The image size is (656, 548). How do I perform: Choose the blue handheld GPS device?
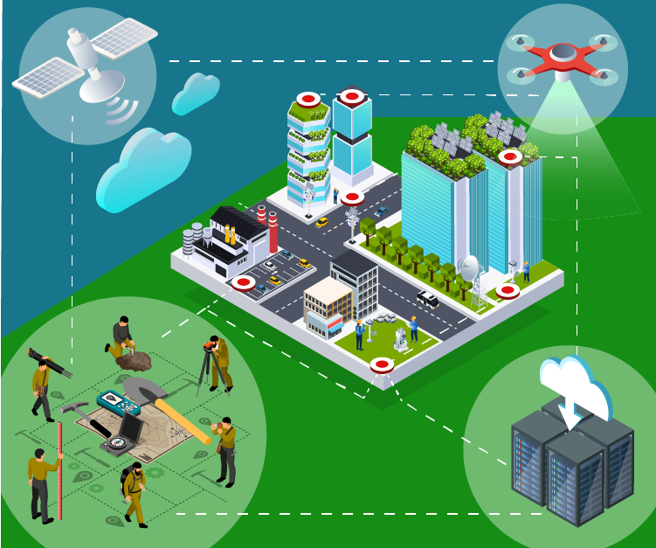[x=118, y=403]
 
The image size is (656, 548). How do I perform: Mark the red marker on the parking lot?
[x=242, y=282]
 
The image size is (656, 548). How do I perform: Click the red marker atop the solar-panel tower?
[x=509, y=156]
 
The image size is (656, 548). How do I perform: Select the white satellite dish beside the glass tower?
[x=470, y=266]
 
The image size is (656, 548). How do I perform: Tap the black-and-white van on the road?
[x=427, y=299]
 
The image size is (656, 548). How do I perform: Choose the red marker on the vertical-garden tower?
[x=307, y=99]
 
